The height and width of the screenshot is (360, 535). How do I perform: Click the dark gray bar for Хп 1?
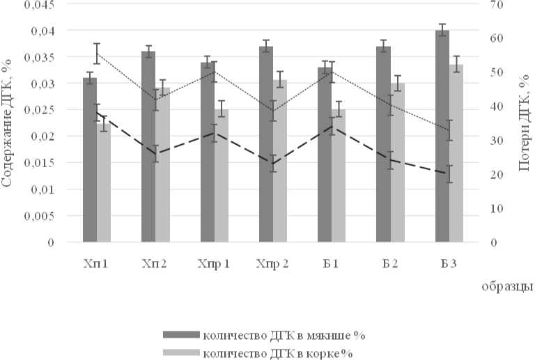[x=89, y=160]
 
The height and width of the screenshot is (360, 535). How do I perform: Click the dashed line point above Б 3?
[x=449, y=173]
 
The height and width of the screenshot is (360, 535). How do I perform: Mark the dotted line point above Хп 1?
[x=97, y=53]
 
